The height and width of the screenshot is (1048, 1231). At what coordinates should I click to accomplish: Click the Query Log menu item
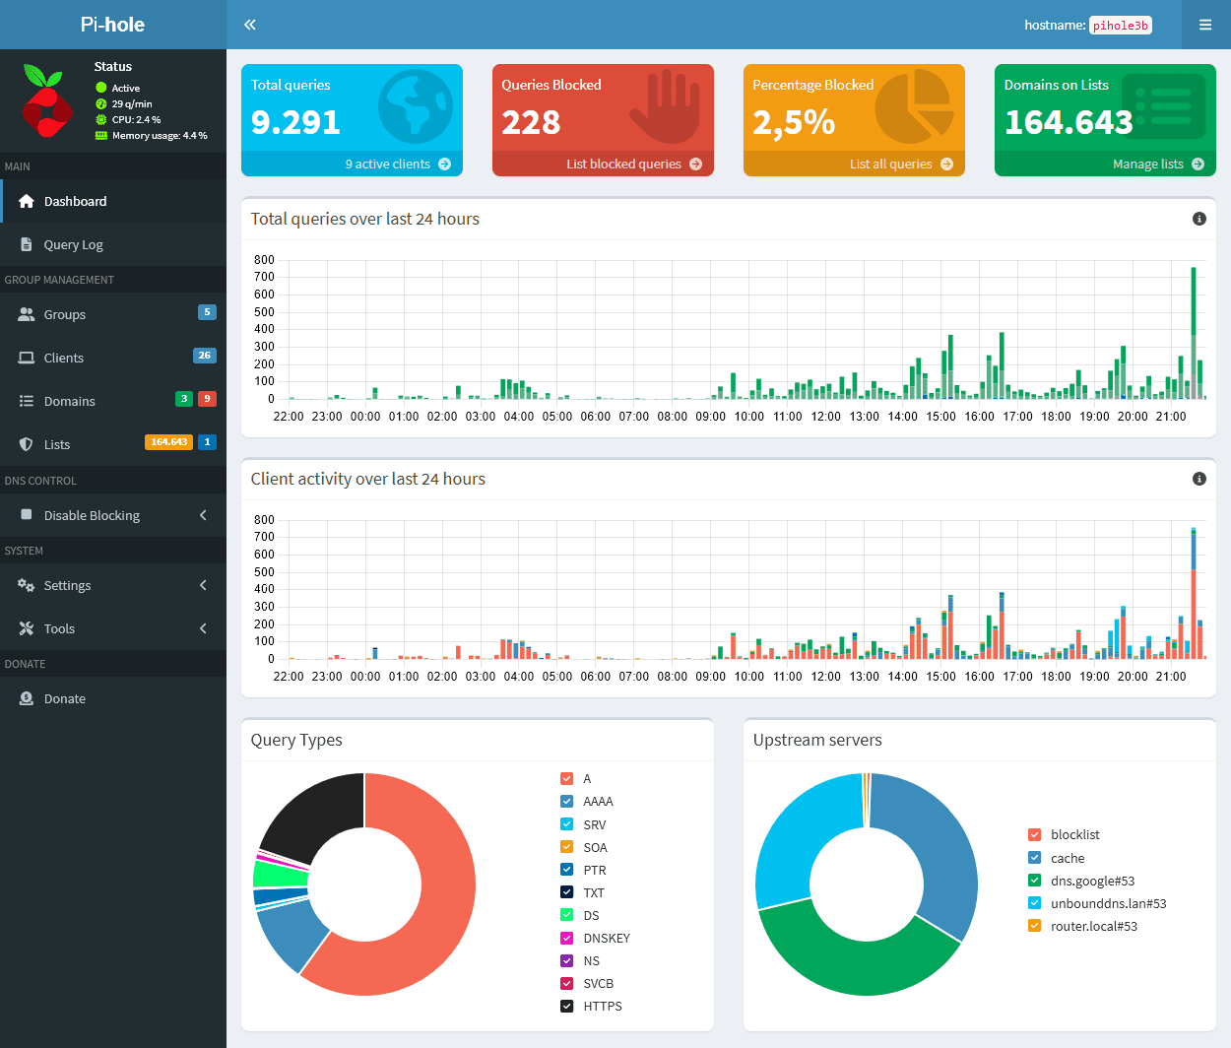[x=73, y=244]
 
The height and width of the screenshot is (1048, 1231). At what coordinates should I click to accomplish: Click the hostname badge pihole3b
[x=1121, y=26]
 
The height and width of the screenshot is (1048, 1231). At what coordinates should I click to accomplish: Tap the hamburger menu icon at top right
[x=1205, y=25]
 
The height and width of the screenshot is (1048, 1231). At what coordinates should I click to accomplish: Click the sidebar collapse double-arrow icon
[x=250, y=25]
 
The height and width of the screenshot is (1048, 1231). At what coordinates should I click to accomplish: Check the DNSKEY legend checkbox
[x=567, y=938]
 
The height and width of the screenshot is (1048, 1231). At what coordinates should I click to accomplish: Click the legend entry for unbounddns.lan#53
[x=1108, y=903]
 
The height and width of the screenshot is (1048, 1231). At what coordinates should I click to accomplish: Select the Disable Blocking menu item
[x=92, y=515]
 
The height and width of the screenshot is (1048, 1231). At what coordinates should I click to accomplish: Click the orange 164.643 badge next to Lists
[x=168, y=442]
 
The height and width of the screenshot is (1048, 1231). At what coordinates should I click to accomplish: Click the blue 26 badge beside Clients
[x=204, y=356]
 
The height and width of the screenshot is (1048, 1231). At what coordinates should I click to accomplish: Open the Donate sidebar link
[x=64, y=698]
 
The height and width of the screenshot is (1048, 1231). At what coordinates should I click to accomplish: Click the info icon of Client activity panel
[x=1199, y=479]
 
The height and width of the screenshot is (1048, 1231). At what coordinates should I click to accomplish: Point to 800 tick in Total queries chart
[x=264, y=260]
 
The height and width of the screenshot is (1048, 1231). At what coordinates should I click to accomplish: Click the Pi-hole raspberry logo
[x=45, y=101]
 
